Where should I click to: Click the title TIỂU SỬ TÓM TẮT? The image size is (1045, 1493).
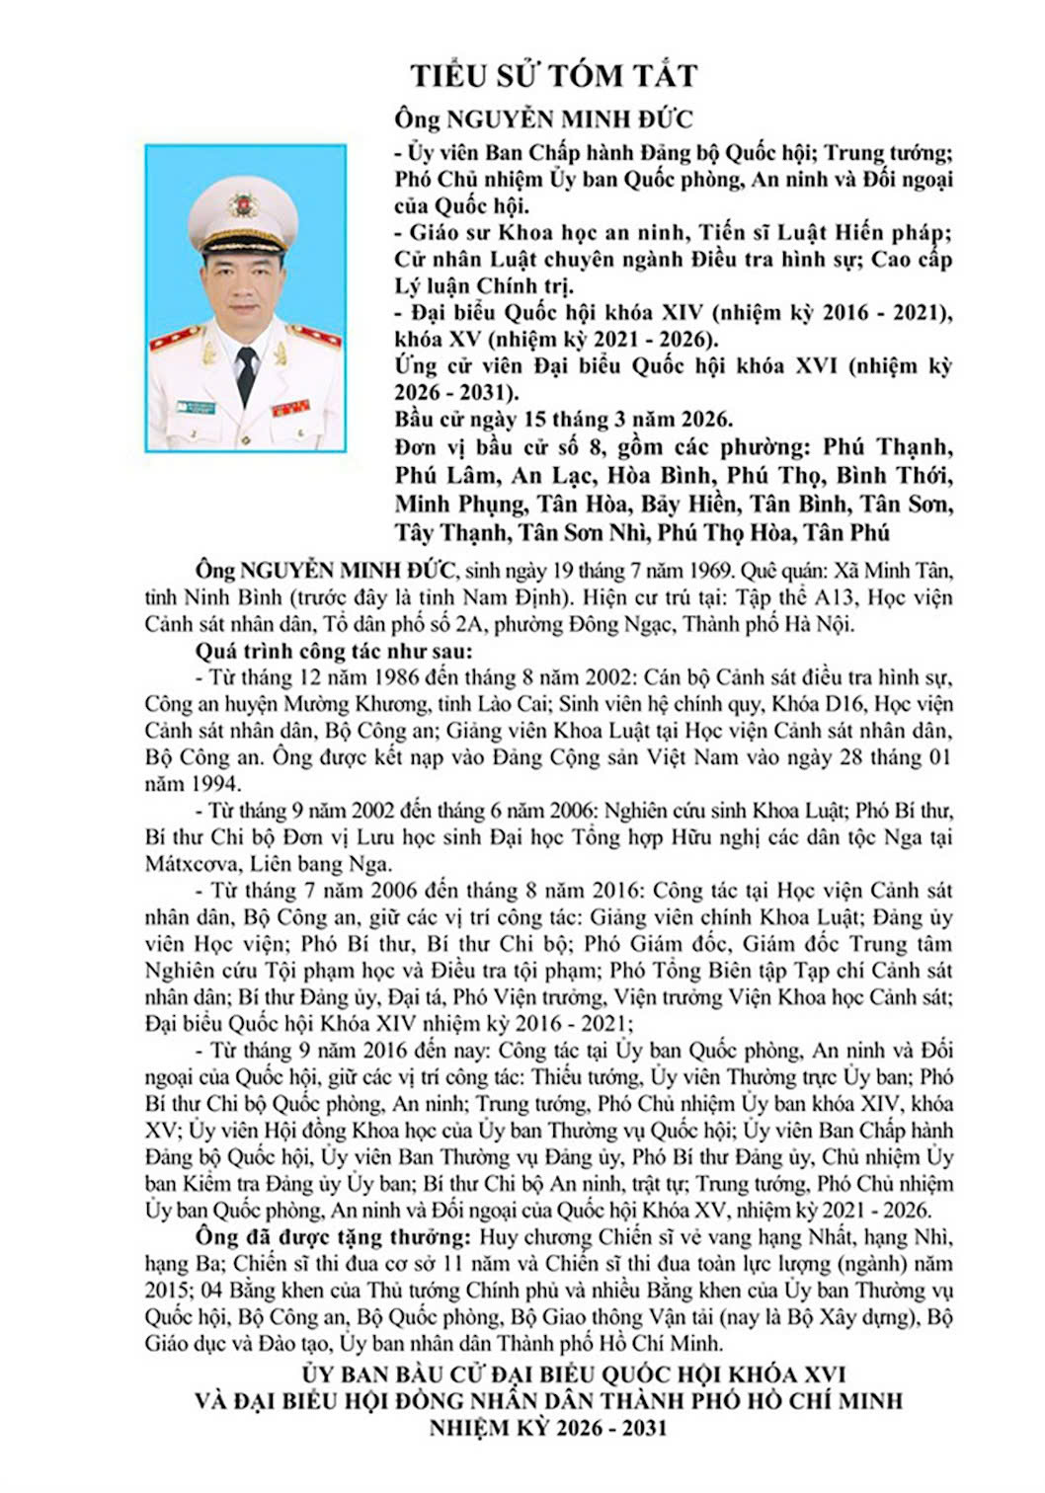[554, 75]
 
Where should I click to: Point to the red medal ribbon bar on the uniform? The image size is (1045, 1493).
[291, 408]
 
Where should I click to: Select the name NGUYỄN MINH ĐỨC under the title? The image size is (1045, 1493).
[570, 119]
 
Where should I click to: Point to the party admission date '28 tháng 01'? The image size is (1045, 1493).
[883, 758]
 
